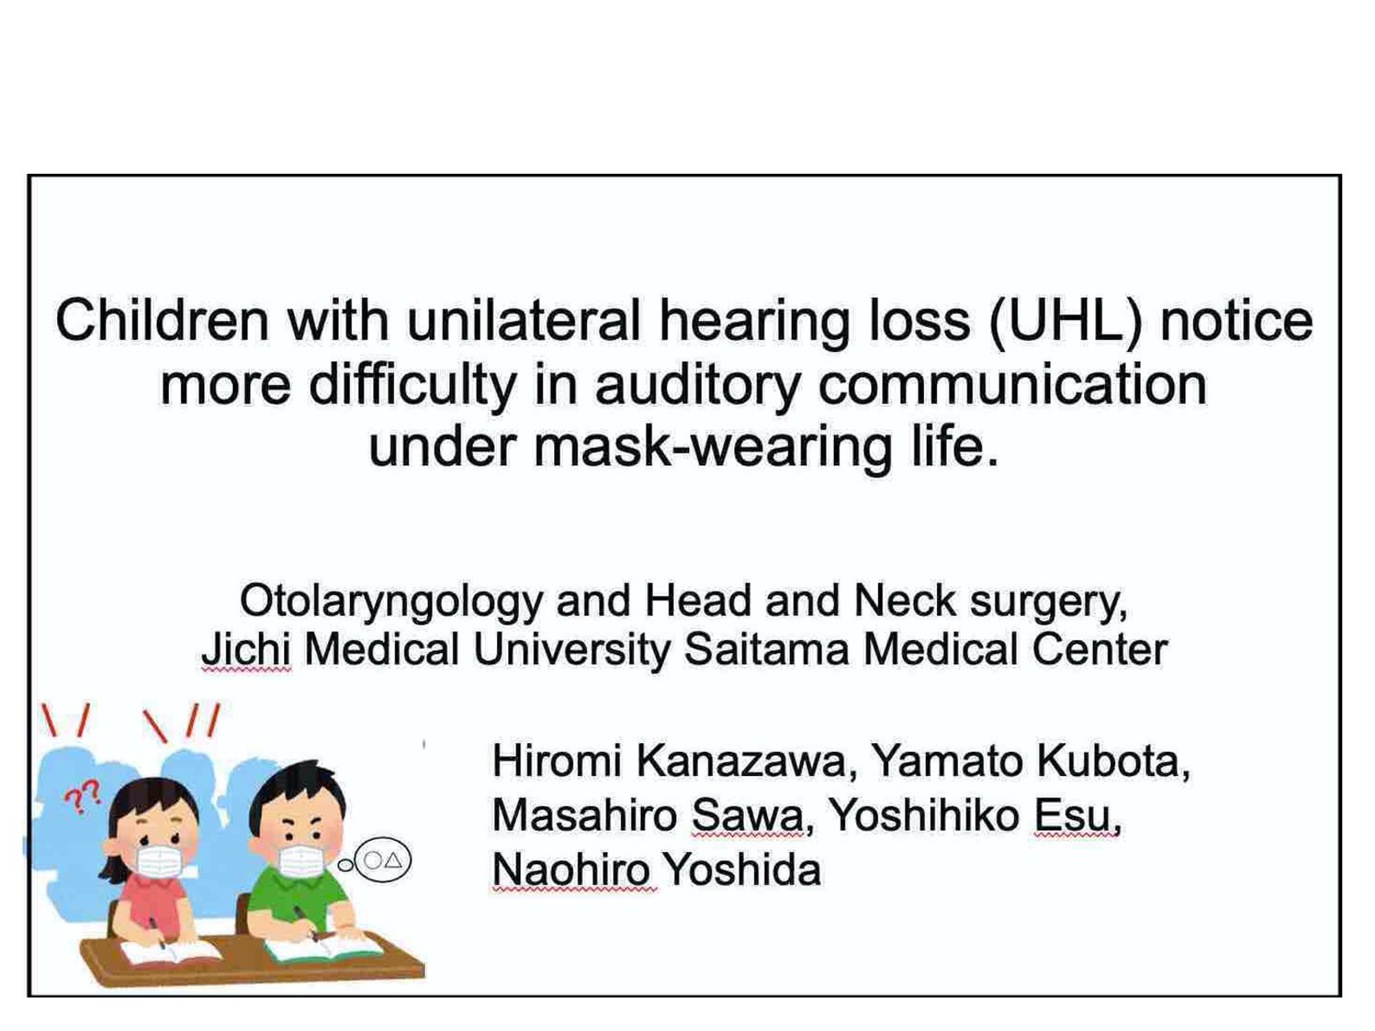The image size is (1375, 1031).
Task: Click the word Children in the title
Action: [162, 321]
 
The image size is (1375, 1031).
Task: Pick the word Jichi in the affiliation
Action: [245, 650]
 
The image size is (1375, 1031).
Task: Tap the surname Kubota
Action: [1112, 762]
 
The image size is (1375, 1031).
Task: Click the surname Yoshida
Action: [742, 870]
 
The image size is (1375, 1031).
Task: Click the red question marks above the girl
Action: [82, 797]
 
